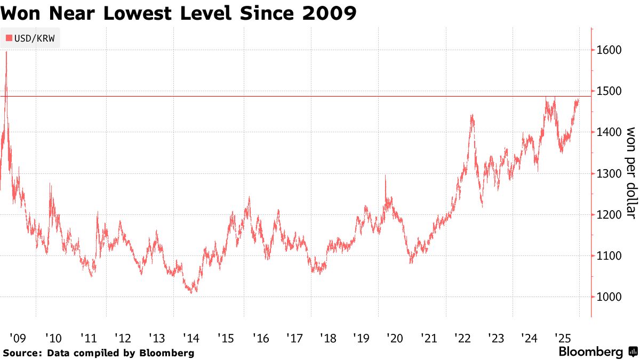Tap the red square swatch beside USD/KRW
[x=9, y=38]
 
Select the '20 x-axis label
[x=395, y=338]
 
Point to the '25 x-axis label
[x=563, y=338]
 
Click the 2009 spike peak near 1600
[x=6, y=52]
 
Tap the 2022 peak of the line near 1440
[x=472, y=115]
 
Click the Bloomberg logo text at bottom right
[x=590, y=352]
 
